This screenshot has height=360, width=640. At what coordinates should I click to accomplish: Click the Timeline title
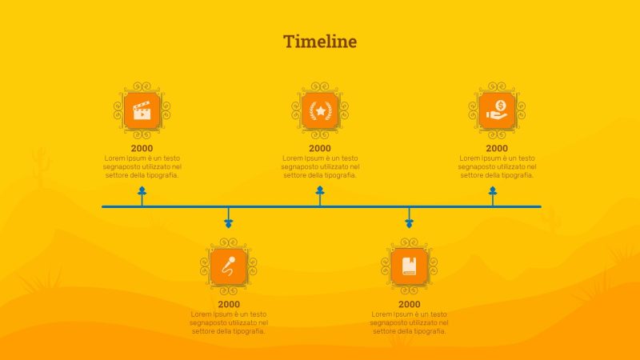point(320,42)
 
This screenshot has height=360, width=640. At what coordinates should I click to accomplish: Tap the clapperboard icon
point(142,110)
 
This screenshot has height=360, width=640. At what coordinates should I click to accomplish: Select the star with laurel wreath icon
point(320,110)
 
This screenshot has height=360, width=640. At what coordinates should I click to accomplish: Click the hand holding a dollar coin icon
point(497,110)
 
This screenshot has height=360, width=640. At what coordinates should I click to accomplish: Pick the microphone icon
point(229,266)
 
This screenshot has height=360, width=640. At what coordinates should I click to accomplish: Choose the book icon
point(410,266)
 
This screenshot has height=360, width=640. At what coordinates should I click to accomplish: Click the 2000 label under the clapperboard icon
point(142,148)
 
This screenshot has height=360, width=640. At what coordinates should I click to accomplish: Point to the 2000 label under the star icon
point(320,148)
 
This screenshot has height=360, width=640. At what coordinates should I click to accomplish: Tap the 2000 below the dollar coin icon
point(497,148)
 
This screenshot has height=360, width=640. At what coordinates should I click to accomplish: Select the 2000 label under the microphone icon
point(229,304)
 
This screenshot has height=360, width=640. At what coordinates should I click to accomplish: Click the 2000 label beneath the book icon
point(410,304)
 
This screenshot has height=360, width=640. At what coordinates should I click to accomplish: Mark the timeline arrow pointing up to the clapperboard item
point(142,193)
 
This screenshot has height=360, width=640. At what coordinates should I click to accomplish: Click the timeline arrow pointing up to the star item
point(320,193)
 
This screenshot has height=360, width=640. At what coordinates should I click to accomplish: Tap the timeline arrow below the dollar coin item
point(493,193)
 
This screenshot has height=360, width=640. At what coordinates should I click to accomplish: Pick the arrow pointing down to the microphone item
point(229,221)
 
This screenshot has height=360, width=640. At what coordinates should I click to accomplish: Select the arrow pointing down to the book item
point(410,221)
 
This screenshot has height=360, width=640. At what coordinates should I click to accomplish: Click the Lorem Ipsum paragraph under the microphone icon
point(229,322)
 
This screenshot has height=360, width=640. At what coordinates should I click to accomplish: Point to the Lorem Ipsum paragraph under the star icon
point(320,166)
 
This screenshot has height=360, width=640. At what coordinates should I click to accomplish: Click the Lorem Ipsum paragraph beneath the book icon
point(410,322)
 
